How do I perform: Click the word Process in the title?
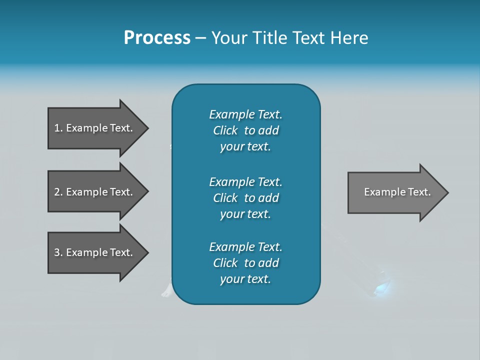click(157, 38)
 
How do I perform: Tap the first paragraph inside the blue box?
click(245, 130)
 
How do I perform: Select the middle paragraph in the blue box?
click(245, 198)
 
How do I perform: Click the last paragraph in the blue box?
click(245, 263)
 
